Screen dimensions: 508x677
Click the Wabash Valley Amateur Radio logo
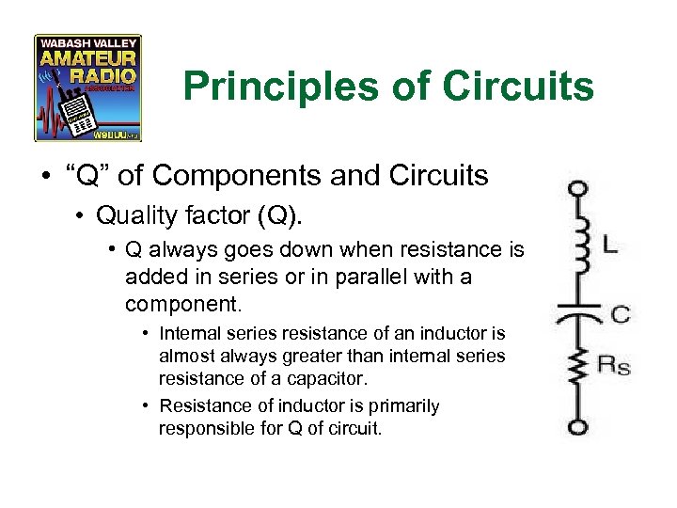pos(87,88)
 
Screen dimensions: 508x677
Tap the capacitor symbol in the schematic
pos(580,311)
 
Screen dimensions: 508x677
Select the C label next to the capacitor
pos(620,314)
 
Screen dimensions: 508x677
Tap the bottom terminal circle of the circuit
pos(579,427)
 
